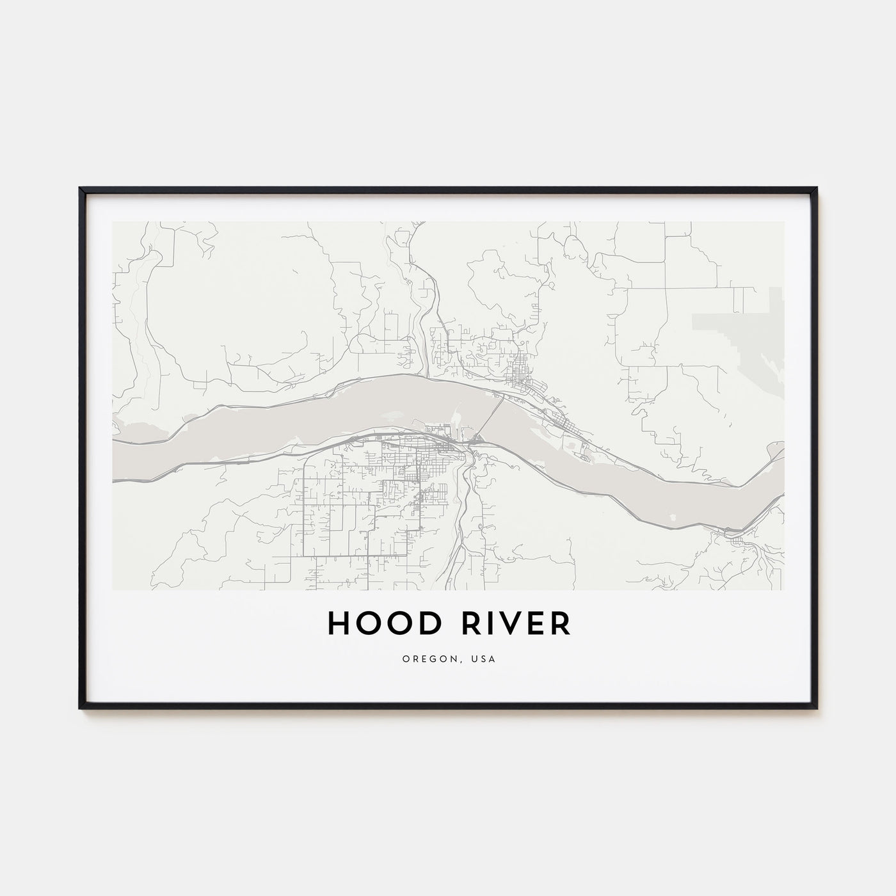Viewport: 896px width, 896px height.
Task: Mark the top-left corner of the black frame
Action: click(80, 188)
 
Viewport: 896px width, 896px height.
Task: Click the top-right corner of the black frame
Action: click(817, 188)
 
